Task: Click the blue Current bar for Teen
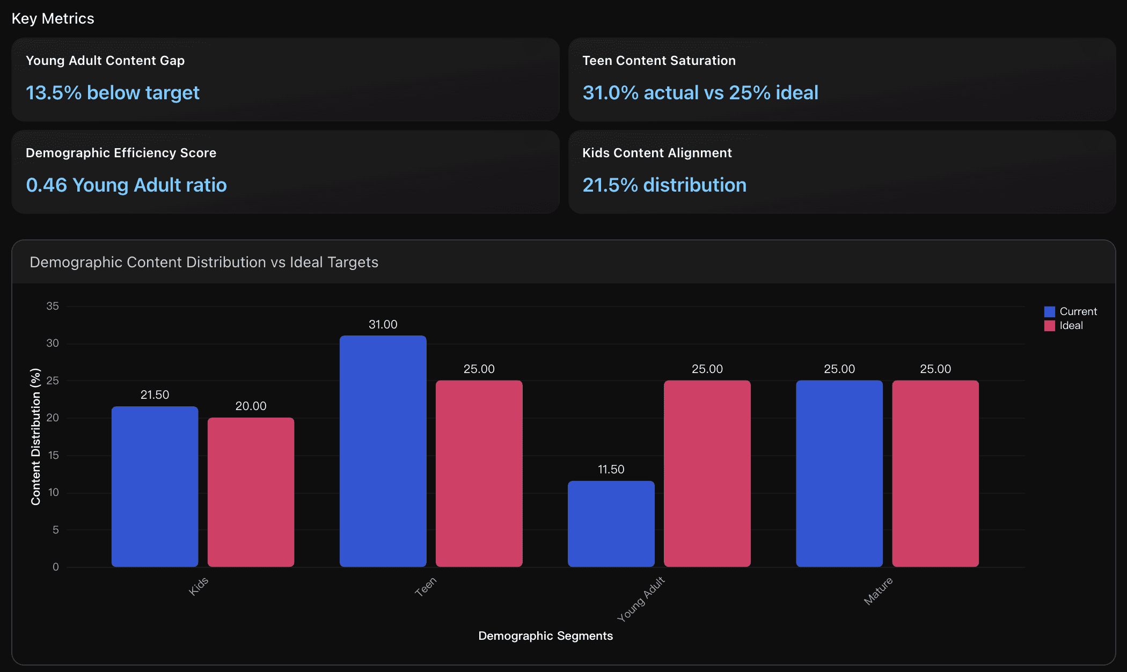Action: click(x=383, y=451)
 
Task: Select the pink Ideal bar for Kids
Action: click(x=251, y=492)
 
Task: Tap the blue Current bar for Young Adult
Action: click(x=611, y=523)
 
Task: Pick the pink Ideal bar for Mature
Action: click(x=935, y=473)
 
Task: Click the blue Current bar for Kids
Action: click(x=155, y=486)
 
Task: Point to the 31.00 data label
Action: click(x=383, y=324)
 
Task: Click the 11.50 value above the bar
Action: click(x=611, y=469)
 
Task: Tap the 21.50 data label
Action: click(x=155, y=395)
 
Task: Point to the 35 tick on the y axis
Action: click(x=53, y=306)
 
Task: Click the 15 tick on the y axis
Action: click(x=53, y=455)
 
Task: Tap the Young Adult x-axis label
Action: click(x=641, y=599)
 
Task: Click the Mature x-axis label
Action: click(x=878, y=590)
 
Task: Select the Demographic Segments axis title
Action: click(x=545, y=636)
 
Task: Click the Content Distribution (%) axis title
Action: click(x=35, y=436)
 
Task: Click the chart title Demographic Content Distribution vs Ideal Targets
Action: click(x=204, y=262)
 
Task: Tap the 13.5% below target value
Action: click(x=113, y=93)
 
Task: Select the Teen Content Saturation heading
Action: click(x=658, y=61)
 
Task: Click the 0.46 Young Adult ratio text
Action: click(x=126, y=185)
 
